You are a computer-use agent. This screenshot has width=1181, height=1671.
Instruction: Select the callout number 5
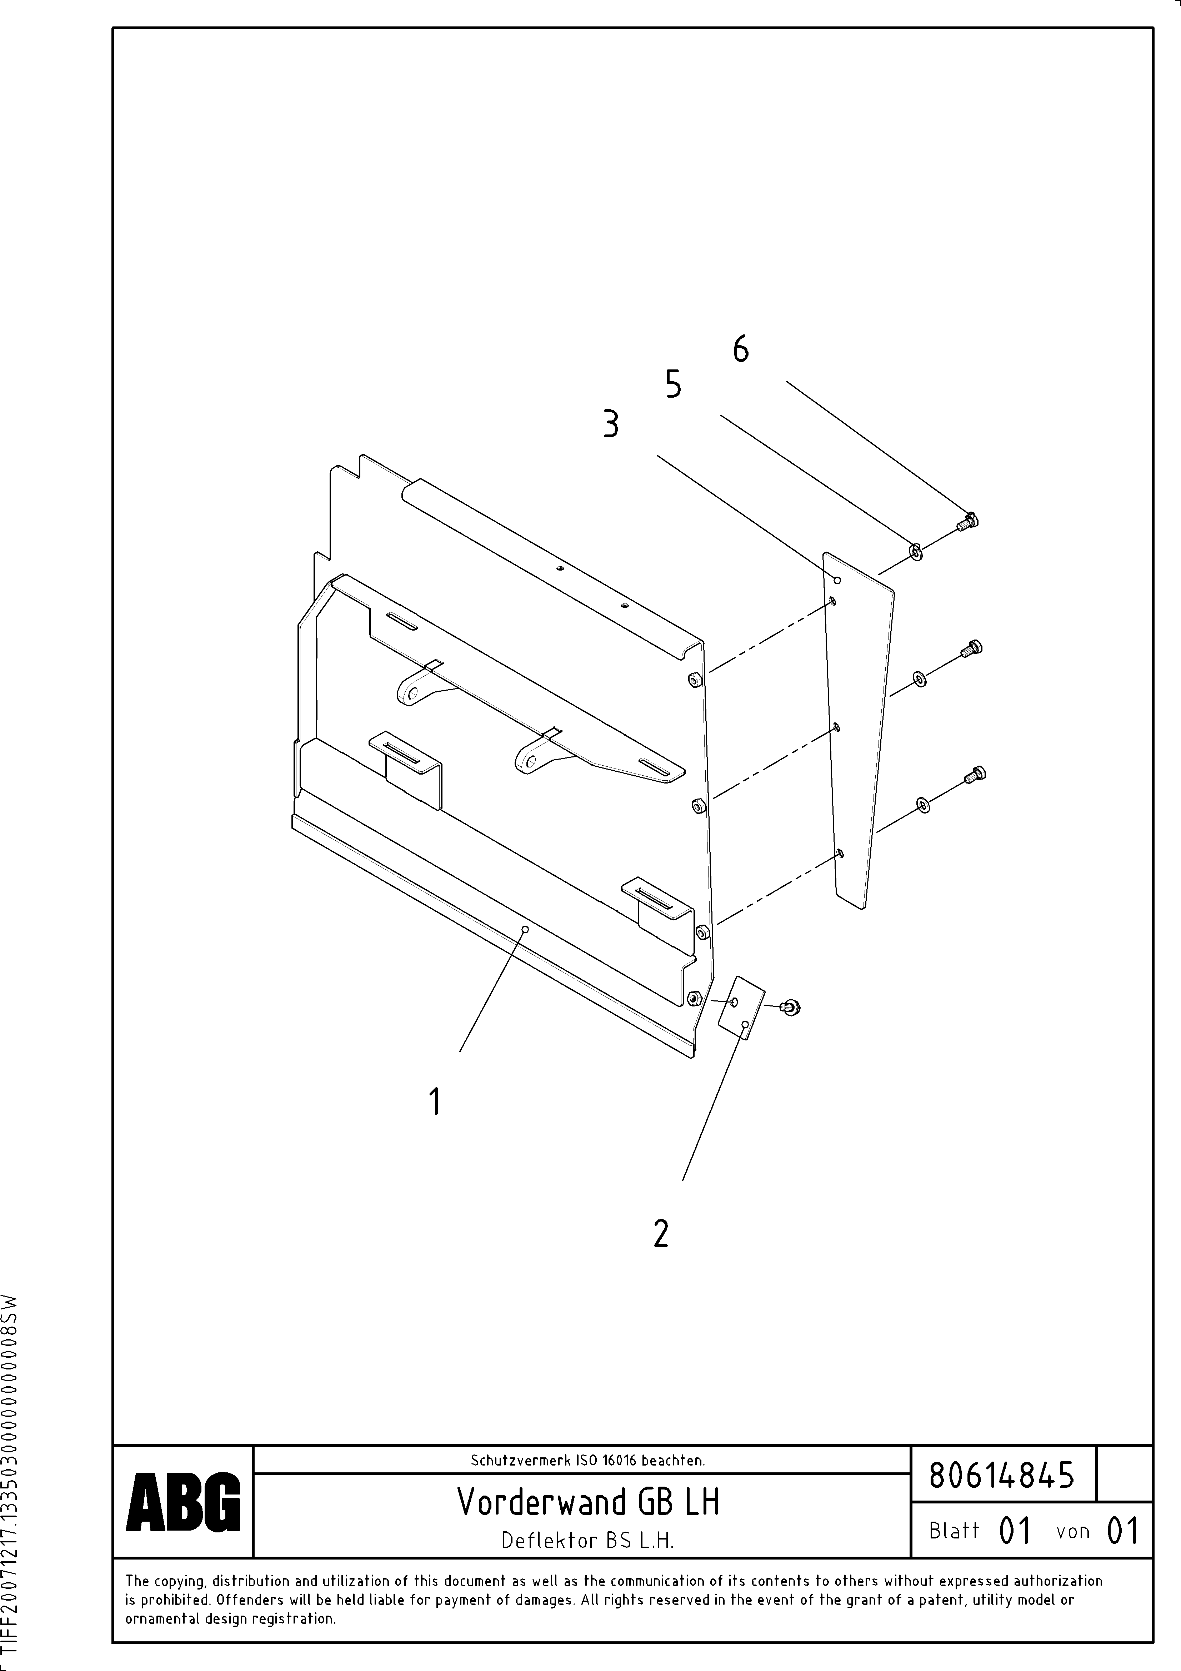pos(673,384)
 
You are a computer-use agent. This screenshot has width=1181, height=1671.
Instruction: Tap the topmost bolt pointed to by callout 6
pos(968,521)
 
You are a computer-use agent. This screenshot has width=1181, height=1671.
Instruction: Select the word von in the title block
pos(1072,1531)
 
